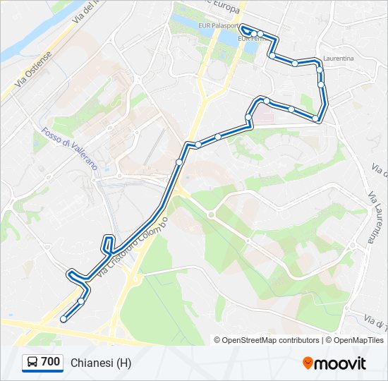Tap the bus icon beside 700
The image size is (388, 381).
[32, 363]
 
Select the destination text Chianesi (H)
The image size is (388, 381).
[101, 363]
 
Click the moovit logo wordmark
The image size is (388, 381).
[341, 363]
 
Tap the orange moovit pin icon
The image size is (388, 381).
[308, 363]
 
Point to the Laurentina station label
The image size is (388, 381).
[338, 59]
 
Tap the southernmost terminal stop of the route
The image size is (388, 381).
[63, 319]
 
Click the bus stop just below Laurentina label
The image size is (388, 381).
[320, 69]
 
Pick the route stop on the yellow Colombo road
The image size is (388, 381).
[179, 162]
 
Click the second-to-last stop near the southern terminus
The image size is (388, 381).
[82, 301]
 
